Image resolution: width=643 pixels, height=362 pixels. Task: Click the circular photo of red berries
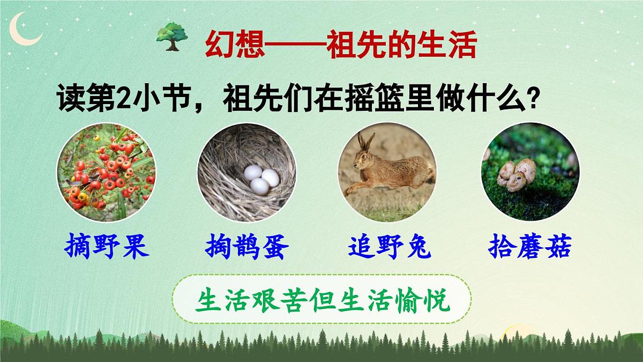tap(106, 172)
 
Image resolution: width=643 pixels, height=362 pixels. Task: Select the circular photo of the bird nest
tap(246, 172)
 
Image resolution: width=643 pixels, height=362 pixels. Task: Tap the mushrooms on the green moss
tap(515, 173)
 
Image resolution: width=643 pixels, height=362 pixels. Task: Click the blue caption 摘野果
tap(106, 248)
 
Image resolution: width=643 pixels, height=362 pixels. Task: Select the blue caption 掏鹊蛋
tap(247, 248)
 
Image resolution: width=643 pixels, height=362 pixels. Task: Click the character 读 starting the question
tap(70, 99)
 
